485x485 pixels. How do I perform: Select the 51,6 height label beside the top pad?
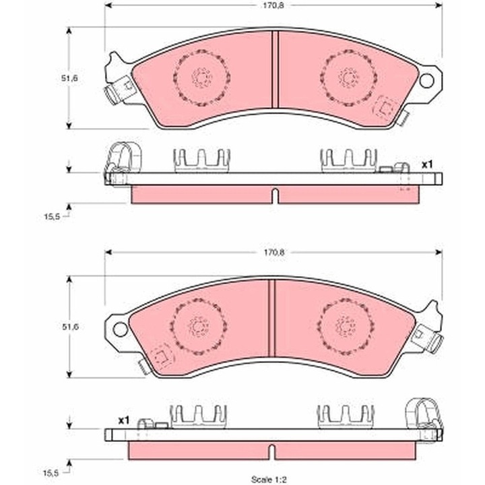click(x=69, y=78)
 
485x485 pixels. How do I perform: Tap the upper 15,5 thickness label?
click(x=52, y=217)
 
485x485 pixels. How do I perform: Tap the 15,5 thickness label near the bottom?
click(x=51, y=472)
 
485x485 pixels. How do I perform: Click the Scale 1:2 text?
click(x=269, y=480)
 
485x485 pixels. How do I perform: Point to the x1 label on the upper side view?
click(x=427, y=165)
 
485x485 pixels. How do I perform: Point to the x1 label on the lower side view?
click(x=123, y=420)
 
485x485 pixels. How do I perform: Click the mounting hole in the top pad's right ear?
click(x=427, y=80)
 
